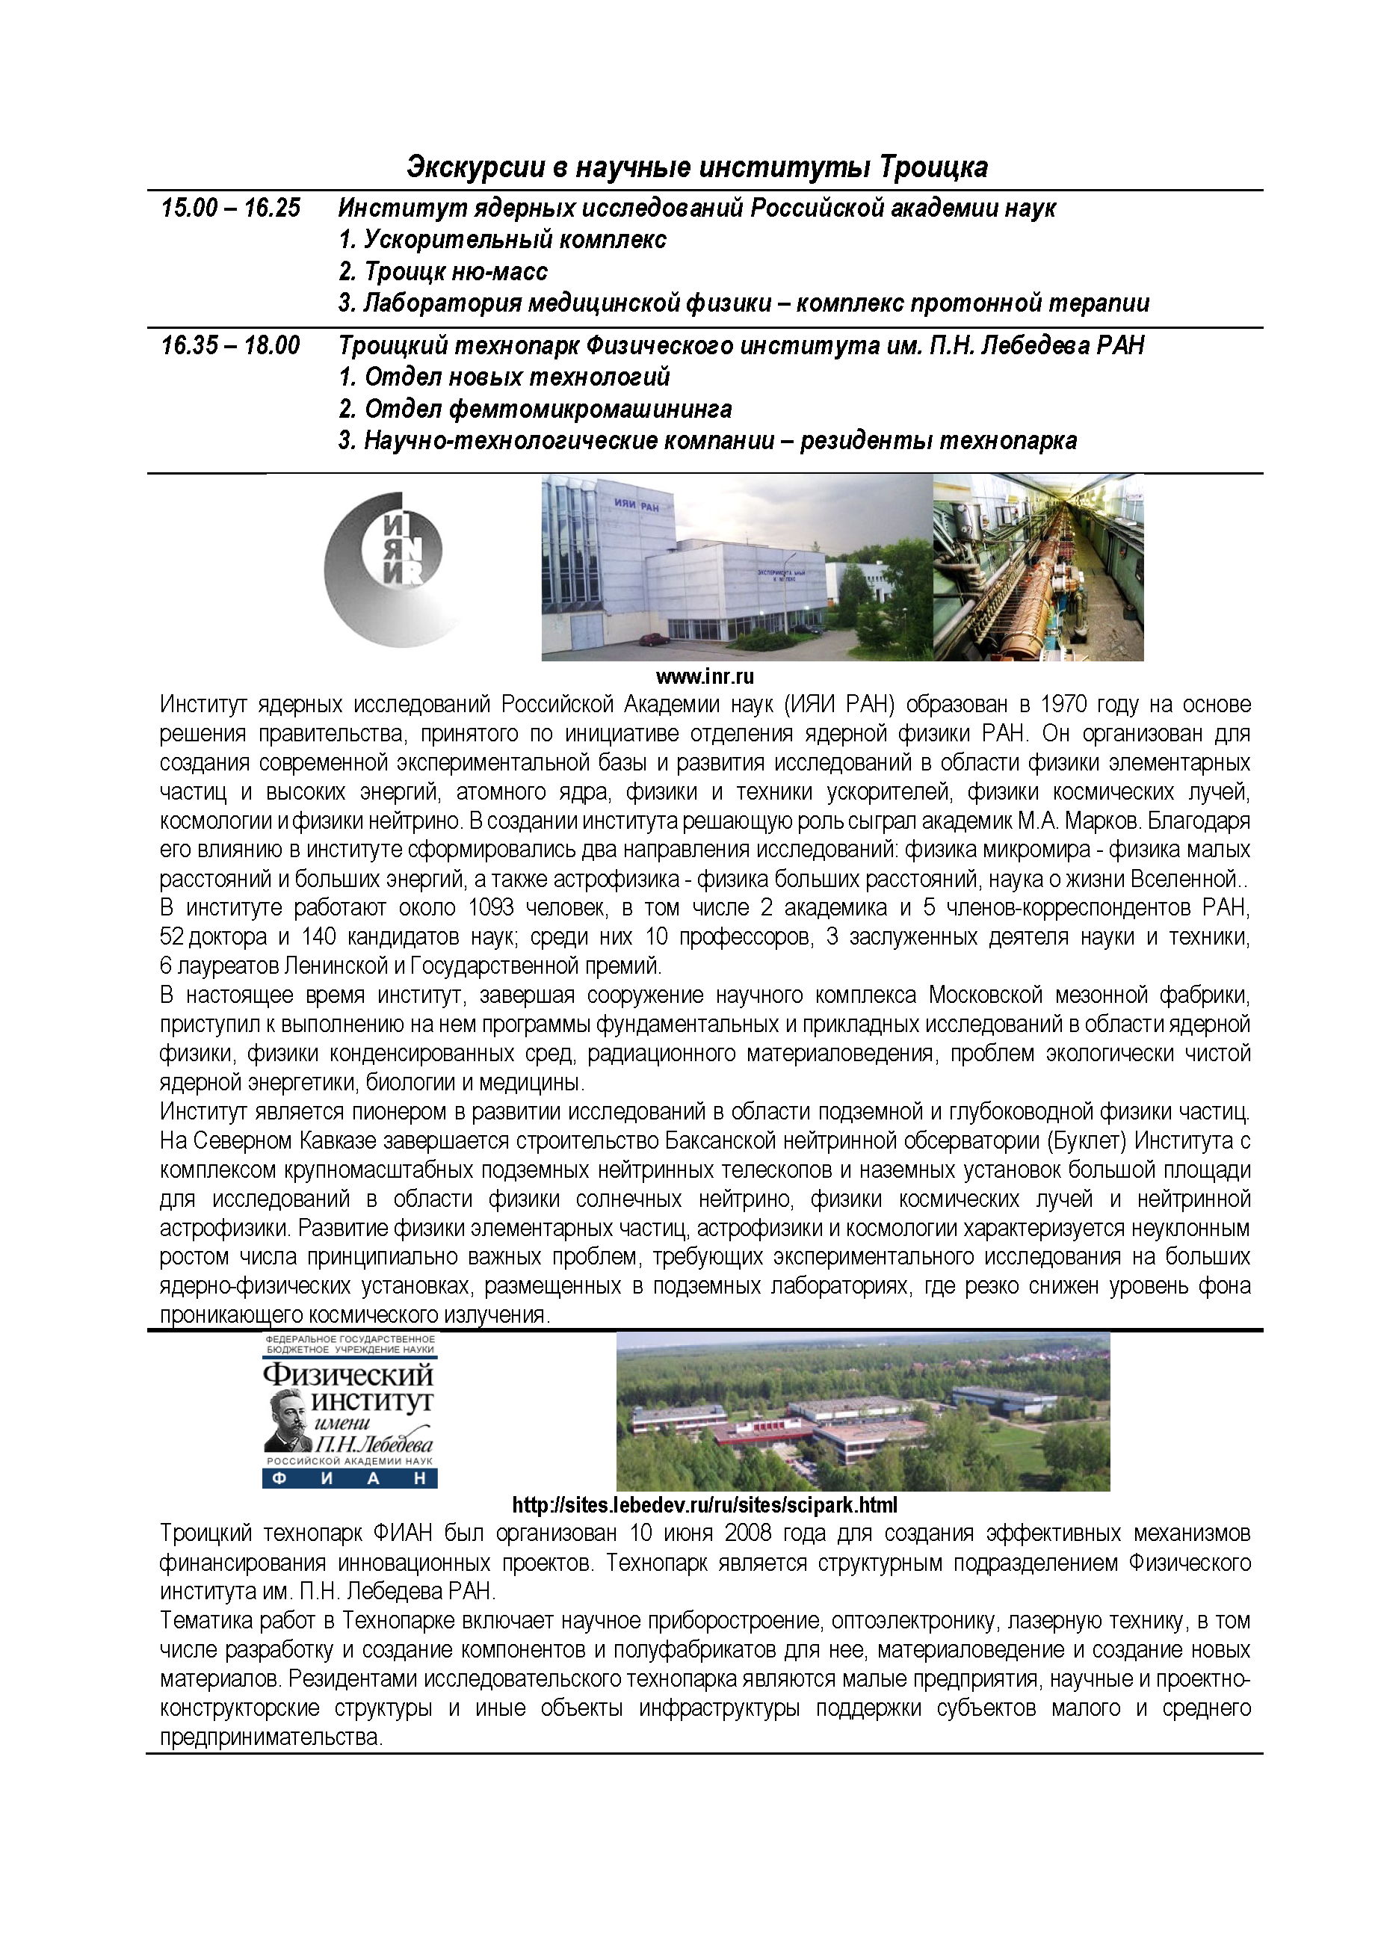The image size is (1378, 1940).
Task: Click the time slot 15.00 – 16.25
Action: coord(230,208)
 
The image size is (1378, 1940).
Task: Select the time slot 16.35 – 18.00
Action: coord(230,345)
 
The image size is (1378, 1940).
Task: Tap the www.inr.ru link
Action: coord(704,676)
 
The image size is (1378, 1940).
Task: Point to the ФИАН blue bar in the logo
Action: coord(350,1479)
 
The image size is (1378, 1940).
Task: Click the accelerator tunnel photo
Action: coord(1038,567)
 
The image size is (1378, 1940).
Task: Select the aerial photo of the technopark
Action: coord(862,1412)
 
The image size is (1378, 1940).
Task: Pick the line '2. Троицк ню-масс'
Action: coord(442,271)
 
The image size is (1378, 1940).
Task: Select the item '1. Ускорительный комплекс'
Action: coord(501,239)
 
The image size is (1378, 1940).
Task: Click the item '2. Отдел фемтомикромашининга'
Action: coord(534,409)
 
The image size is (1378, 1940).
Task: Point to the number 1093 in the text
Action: coord(491,908)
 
